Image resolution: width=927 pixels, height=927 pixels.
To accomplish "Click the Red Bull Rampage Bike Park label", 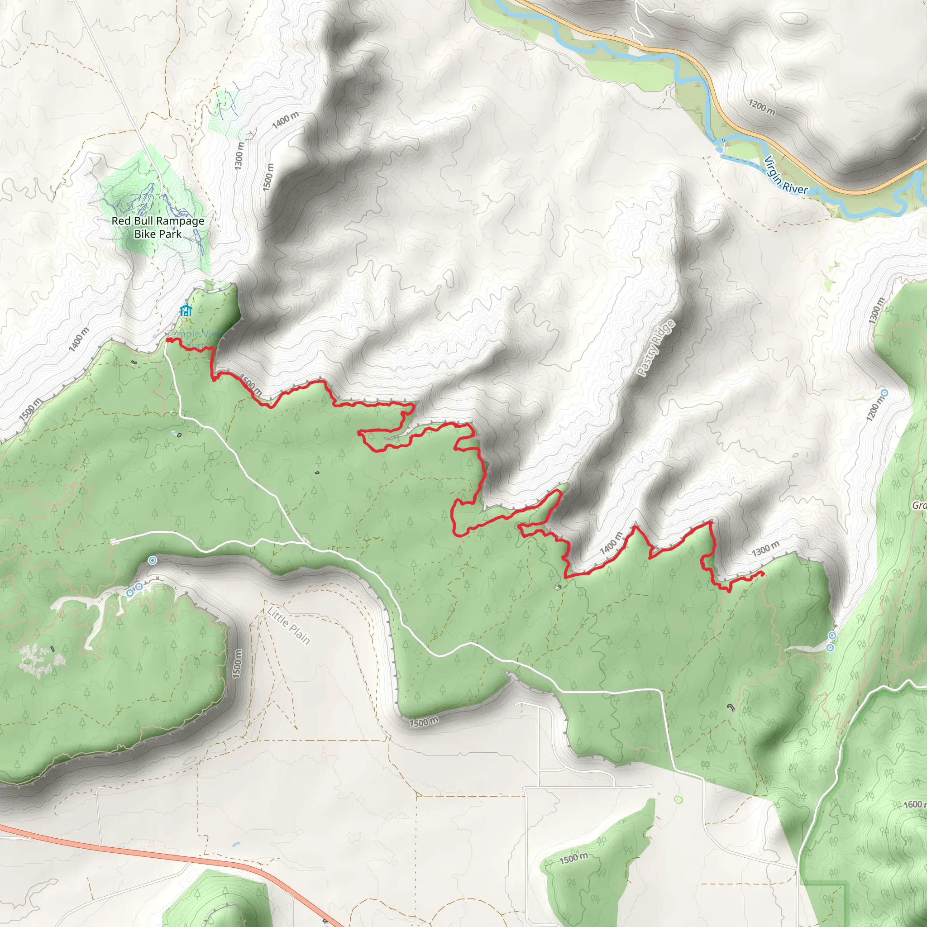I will point(158,227).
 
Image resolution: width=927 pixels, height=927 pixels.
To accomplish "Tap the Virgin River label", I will point(785,175).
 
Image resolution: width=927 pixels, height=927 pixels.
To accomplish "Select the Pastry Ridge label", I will point(656,348).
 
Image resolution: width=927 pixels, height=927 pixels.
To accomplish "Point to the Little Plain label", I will point(289,626).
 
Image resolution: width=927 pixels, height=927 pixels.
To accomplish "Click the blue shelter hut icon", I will point(186,311).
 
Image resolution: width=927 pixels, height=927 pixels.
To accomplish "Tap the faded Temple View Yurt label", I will point(194,337).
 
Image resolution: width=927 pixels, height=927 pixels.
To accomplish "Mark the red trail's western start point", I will point(168,340).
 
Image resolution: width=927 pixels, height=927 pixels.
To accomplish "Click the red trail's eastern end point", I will point(762,573).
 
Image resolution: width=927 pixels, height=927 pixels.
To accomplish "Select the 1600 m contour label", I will point(913,804).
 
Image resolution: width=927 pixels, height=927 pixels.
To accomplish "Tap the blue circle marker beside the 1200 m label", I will point(885,392).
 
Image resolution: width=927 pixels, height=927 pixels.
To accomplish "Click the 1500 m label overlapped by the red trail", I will point(250,384).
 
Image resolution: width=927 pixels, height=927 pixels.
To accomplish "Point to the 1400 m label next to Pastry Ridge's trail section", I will point(611,543).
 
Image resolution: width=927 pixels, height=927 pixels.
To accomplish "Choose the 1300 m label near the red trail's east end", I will point(765,548).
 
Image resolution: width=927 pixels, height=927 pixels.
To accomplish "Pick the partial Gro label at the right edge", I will point(919,505).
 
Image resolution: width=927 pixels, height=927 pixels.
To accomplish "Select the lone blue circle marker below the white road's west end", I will point(152,560).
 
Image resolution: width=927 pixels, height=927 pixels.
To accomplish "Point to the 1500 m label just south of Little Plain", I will point(424,721).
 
